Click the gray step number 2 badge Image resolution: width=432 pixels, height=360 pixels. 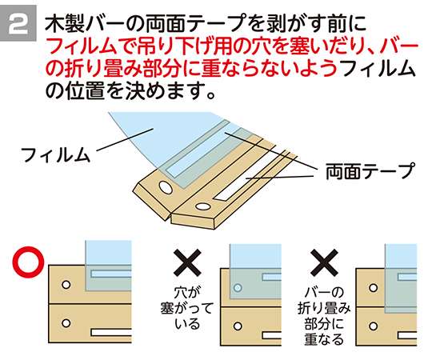(x=18, y=23)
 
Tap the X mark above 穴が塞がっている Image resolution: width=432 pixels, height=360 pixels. (x=187, y=262)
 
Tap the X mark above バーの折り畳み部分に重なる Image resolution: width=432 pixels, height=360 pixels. (x=324, y=262)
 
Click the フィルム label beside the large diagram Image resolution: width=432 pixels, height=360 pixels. (x=55, y=155)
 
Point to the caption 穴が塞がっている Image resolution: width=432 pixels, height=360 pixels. (x=187, y=308)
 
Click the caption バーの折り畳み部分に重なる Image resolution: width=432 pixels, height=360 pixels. (x=324, y=316)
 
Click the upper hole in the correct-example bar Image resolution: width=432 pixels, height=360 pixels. (x=66, y=285)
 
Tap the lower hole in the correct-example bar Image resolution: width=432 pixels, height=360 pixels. (x=66, y=323)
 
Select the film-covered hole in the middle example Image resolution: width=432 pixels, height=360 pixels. (x=238, y=288)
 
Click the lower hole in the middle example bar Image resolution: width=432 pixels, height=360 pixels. (x=238, y=326)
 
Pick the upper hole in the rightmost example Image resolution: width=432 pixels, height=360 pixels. (x=374, y=288)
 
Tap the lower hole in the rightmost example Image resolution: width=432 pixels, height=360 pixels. (x=374, y=326)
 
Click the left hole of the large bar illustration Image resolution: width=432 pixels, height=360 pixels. (x=166, y=188)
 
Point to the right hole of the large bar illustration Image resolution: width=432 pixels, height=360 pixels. (x=202, y=206)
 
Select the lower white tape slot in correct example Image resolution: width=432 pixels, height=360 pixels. (x=111, y=333)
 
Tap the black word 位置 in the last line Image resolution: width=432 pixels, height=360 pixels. (x=86, y=90)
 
